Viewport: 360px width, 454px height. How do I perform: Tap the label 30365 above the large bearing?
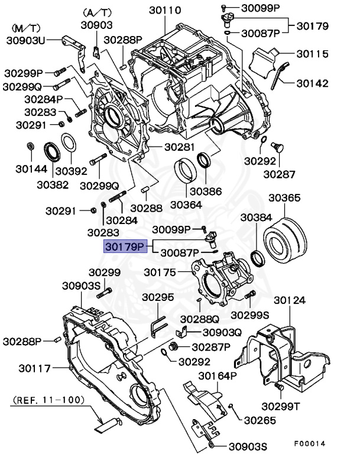(x=284, y=198)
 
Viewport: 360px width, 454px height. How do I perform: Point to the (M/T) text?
(x=27, y=28)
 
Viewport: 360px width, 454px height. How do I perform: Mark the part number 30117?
(x=33, y=368)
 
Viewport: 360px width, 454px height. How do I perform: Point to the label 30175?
(x=160, y=273)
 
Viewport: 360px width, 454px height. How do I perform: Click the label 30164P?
(x=217, y=377)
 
